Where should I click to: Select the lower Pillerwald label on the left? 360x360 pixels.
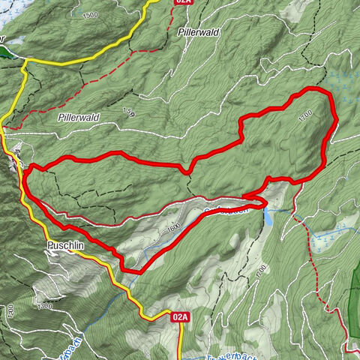(78, 118)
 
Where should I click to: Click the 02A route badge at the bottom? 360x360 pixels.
(180, 317)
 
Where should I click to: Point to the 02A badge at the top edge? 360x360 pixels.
(182, 2)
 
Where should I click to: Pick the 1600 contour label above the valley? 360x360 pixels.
(175, 226)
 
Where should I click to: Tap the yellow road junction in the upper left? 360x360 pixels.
(25, 63)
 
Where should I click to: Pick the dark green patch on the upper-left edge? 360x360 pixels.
(5, 51)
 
